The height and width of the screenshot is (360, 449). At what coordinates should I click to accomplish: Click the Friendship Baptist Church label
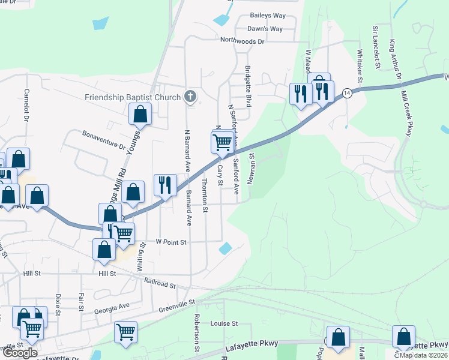133,97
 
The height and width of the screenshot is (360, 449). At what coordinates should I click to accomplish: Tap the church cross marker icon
190,97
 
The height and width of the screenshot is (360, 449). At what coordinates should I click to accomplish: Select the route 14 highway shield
347,93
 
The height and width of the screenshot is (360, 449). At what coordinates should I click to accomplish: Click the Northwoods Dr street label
242,41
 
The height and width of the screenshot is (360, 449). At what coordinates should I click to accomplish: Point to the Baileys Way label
268,16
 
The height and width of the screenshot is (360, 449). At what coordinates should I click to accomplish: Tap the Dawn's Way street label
265,29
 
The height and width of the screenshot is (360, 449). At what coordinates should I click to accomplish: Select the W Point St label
172,242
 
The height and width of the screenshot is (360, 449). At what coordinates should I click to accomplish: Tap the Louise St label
224,323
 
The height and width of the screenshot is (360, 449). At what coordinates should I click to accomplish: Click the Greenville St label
178,308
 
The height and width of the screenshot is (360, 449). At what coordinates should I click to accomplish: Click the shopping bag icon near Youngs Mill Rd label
140,113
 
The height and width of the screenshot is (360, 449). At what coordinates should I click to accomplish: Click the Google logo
19,353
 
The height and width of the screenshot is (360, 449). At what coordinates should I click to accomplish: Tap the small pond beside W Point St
226,248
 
